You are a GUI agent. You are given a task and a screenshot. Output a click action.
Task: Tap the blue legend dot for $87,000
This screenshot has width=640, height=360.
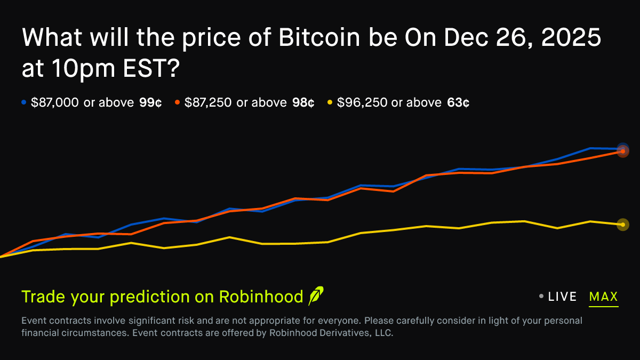point(23,102)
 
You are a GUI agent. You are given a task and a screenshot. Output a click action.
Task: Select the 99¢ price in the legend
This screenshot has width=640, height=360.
point(150,103)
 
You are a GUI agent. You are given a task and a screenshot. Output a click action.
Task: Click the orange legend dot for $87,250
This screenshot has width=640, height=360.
point(177,102)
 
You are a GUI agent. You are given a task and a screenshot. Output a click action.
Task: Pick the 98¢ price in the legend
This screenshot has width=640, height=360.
point(303,103)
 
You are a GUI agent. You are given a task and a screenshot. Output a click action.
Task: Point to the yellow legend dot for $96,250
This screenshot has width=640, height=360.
point(330,102)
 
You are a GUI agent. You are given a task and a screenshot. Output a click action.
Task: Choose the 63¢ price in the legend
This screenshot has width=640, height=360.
point(458,103)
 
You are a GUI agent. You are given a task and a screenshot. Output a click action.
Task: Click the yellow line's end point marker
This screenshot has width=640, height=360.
point(622,225)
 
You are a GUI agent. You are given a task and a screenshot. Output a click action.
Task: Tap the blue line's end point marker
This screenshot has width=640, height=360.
point(622,148)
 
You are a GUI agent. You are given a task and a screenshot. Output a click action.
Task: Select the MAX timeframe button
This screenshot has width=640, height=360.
point(603,297)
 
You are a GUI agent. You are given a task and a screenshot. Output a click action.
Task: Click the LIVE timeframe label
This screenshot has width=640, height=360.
point(562,297)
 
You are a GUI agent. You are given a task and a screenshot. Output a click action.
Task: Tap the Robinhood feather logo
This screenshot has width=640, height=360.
point(316,296)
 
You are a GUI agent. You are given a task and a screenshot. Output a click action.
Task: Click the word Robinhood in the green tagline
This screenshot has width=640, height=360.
point(261,297)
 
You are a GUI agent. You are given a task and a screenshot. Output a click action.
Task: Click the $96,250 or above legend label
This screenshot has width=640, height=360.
point(389,103)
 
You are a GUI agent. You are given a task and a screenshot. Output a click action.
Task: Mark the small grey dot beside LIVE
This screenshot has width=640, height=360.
point(541,297)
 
